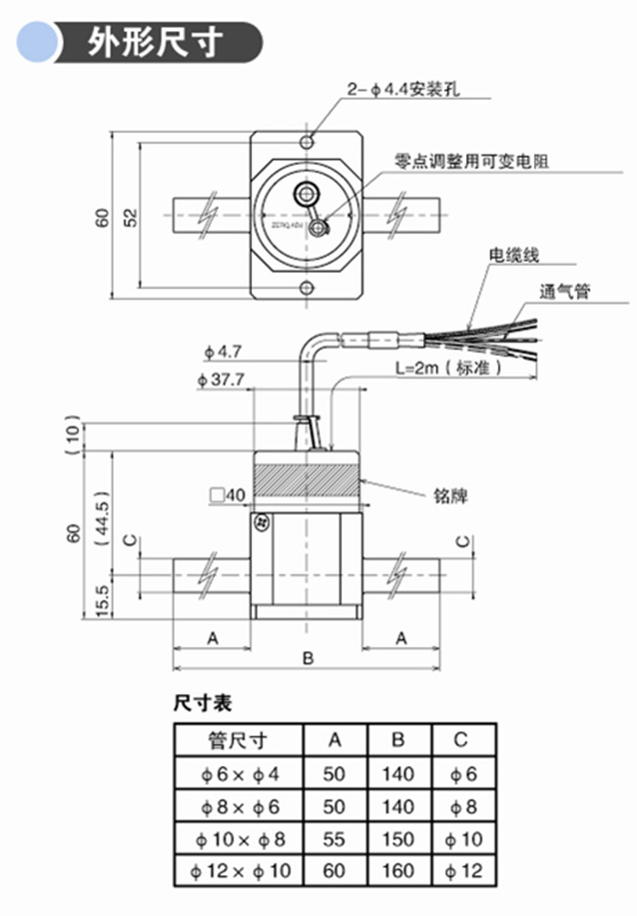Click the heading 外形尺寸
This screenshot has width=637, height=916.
(155, 43)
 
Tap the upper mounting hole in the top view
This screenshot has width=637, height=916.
(308, 141)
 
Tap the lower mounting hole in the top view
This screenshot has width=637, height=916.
(308, 289)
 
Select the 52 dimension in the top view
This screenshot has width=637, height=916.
(130, 216)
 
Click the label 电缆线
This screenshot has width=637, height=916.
(514, 255)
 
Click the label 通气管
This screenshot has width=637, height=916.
(564, 292)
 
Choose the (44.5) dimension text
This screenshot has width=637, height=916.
(102, 517)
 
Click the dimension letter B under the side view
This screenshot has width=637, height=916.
(308, 658)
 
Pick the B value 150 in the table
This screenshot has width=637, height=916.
(398, 838)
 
